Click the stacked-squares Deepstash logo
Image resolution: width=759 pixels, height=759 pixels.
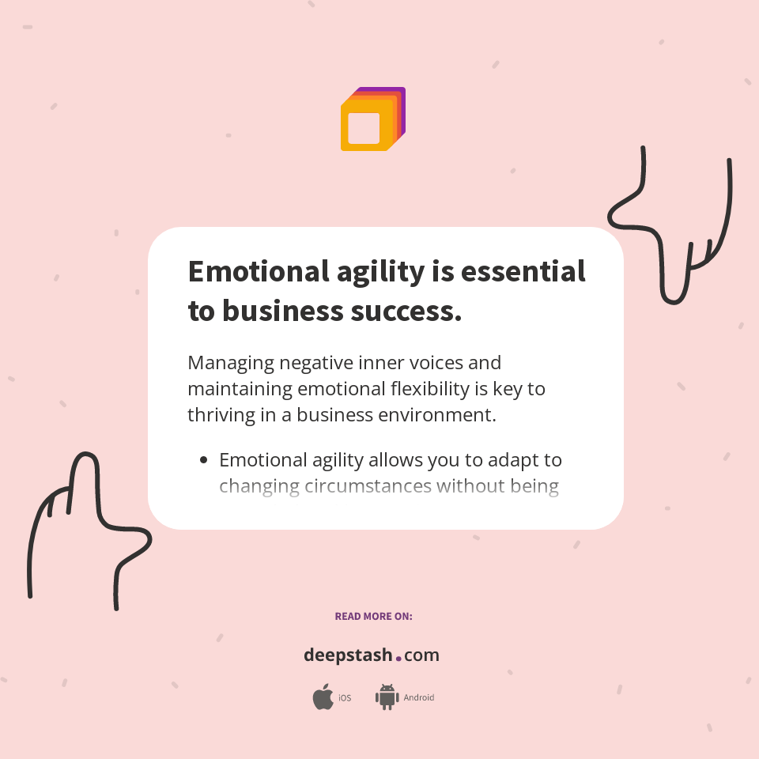click(x=372, y=119)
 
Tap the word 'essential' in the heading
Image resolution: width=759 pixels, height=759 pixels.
click(x=523, y=271)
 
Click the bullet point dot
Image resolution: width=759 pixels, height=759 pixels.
click(x=204, y=460)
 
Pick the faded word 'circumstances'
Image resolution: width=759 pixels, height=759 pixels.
click(x=368, y=486)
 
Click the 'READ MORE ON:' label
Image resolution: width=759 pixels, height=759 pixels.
click(x=373, y=616)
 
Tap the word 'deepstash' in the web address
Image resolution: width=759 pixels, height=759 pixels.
click(x=348, y=655)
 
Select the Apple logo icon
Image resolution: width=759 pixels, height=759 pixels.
click(x=323, y=697)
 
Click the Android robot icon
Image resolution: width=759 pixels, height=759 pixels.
click(x=387, y=697)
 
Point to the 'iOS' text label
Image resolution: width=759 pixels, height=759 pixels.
click(x=345, y=698)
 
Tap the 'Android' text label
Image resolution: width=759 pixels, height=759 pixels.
click(x=419, y=698)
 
